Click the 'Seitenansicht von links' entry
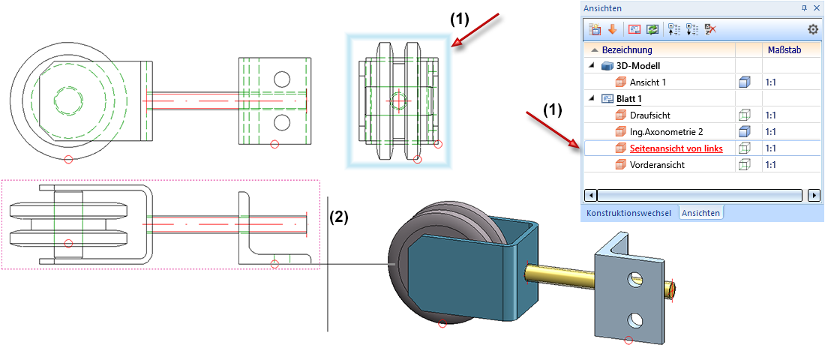(676, 148)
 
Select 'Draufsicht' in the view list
(649, 115)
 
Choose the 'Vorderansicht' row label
(656, 165)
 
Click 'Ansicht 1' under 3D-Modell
(647, 82)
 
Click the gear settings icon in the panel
(813, 29)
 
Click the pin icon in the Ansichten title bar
(804, 7)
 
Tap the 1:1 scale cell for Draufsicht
(770, 115)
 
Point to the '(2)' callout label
(339, 217)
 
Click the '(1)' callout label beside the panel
(552, 109)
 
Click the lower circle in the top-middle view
(282, 121)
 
